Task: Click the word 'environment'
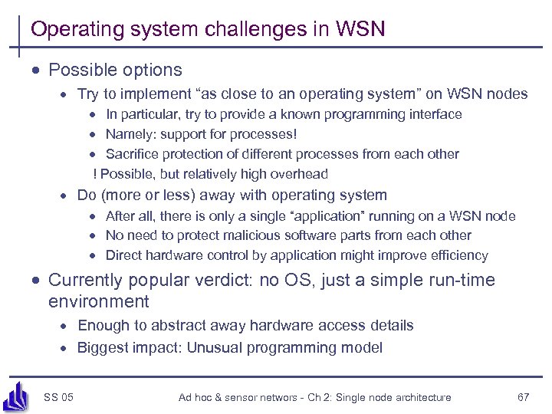coord(98,301)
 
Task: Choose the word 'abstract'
coord(175,325)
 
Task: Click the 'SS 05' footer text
coord(59,397)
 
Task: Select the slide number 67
coord(524,397)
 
